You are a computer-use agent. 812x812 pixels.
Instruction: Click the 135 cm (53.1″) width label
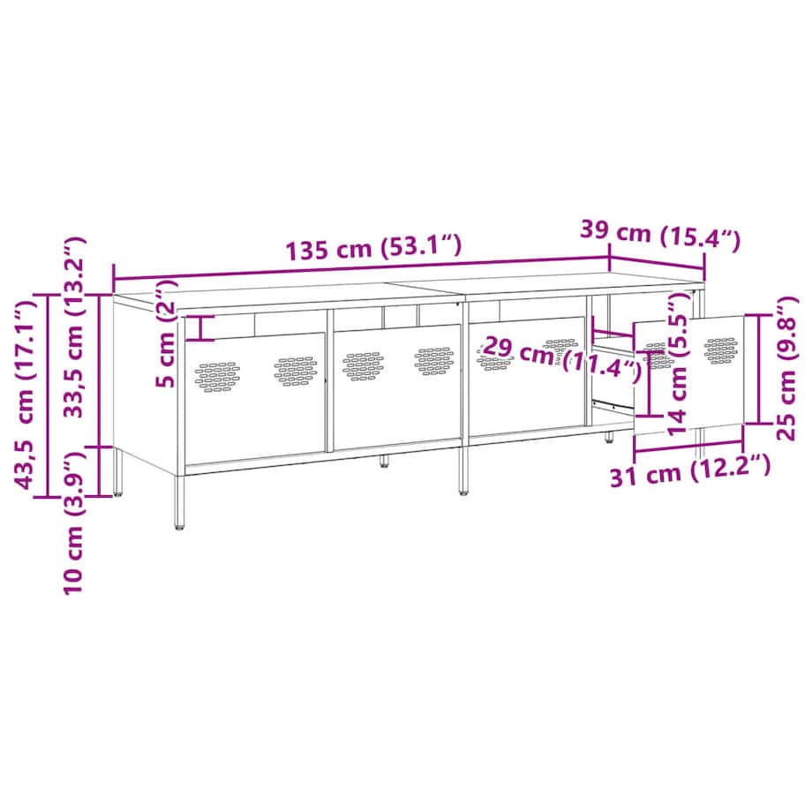click(x=373, y=248)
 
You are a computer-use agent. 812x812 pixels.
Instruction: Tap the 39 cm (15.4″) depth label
click(x=659, y=234)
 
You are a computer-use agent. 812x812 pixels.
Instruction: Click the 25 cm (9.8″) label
click(x=786, y=366)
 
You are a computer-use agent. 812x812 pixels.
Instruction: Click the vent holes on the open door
click(x=721, y=349)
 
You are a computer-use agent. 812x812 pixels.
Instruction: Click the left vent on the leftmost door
click(x=217, y=376)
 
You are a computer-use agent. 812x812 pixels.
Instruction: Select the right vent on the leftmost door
click(x=295, y=371)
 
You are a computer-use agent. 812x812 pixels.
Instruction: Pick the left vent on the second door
click(x=362, y=365)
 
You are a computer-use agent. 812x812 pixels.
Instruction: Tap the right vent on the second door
click(x=434, y=359)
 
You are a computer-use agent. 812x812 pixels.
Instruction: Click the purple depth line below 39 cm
click(x=658, y=263)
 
